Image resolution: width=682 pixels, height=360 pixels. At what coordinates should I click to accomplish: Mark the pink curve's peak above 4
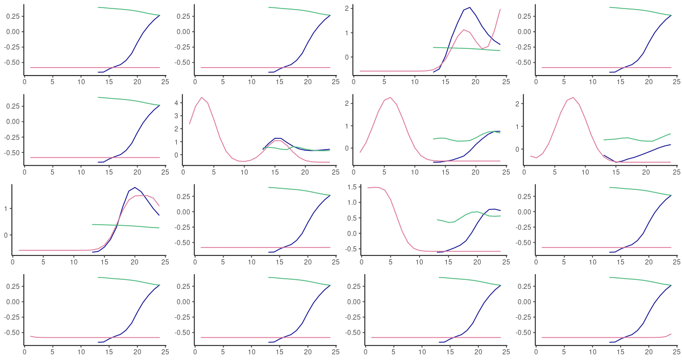(x=202, y=97)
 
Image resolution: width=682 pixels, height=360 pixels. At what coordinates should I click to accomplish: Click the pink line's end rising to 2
(x=500, y=9)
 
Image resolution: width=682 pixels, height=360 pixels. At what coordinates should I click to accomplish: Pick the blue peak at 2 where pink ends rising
(x=469, y=7)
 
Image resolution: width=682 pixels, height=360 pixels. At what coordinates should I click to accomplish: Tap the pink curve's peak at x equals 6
(x=390, y=97)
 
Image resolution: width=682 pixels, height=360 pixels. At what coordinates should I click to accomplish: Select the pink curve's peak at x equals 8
(x=572, y=97)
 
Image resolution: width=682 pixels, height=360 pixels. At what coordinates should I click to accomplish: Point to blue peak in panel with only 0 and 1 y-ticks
(x=134, y=187)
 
